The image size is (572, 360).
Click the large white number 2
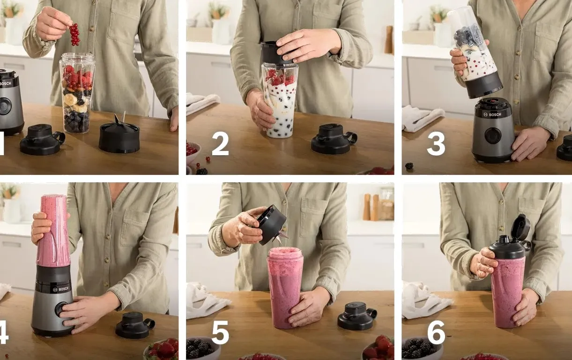coord(220,145)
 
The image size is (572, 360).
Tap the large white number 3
coord(436,145)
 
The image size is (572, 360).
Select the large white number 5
coord(220,333)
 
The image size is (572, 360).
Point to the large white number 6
coord(436,333)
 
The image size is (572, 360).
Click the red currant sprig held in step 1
coord(74,35)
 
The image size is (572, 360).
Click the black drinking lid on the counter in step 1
coord(42,139)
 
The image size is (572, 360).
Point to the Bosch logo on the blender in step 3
coord(492,114)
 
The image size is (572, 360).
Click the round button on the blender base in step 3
coord(493,135)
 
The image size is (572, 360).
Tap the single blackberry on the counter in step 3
coord(409,166)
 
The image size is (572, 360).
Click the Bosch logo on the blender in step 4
coord(60,289)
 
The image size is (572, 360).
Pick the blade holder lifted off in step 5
coord(271,225)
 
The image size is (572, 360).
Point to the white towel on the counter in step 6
coord(425,300)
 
